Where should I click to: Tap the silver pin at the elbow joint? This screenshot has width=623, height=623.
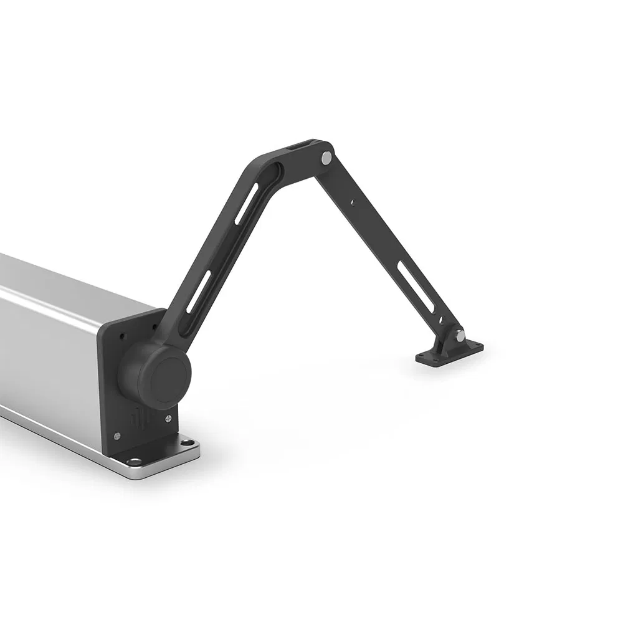(325, 158)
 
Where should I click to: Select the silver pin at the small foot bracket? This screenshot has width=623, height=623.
(459, 336)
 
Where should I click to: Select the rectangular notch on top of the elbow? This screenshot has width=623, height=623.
(296, 148)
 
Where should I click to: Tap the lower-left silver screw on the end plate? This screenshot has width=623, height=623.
(117, 435)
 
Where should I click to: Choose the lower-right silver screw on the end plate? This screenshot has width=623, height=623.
(168, 418)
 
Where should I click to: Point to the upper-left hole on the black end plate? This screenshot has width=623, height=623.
(122, 336)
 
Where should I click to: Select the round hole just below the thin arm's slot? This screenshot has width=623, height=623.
(440, 320)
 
